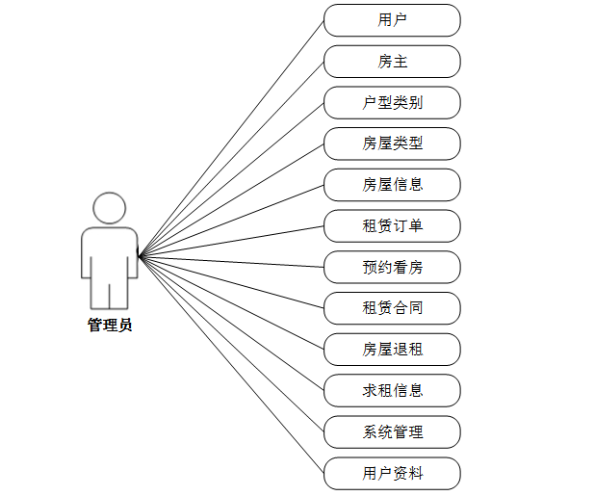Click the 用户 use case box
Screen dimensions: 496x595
[392, 20]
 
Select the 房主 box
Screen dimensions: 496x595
[392, 62]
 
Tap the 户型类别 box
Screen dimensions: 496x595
[392, 103]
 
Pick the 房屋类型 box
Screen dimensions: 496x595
[392, 144]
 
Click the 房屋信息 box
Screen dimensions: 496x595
[392, 185]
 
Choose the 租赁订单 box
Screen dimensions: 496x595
[392, 226]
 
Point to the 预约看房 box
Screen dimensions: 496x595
[392, 268]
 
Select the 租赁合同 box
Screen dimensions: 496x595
[392, 308]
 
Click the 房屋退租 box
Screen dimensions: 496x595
[392, 350]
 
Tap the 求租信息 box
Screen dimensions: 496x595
[392, 391]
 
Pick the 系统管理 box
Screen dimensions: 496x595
[392, 432]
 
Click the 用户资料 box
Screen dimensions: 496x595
[392, 474]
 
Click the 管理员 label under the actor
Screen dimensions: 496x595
[110, 326]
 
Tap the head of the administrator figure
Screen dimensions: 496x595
[110, 208]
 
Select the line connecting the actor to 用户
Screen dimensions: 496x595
[231, 138]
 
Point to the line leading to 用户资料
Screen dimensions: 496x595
[231, 366]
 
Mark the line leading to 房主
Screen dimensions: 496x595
[231, 159]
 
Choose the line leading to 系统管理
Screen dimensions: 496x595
[231, 345]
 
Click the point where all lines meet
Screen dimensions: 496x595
[139, 256]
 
